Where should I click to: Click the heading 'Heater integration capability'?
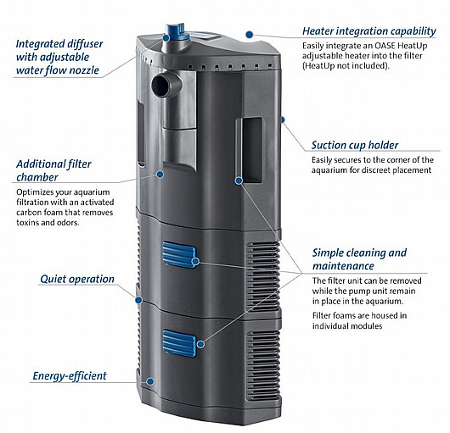click(x=369, y=31)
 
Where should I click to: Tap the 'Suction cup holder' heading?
click(x=355, y=145)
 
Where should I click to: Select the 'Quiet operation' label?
click(x=77, y=279)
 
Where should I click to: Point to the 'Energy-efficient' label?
click(x=70, y=376)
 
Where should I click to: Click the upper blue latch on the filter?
click(x=180, y=254)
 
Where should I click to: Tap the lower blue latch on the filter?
click(x=180, y=343)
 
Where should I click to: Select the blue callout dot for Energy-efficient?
click(x=149, y=381)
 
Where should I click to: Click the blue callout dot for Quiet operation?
click(x=139, y=300)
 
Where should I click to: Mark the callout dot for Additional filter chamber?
click(x=160, y=174)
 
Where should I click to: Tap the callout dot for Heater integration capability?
click(x=250, y=35)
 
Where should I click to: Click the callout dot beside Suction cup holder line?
click(x=283, y=119)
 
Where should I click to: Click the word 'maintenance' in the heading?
click(x=343, y=266)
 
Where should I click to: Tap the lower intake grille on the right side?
click(x=263, y=366)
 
